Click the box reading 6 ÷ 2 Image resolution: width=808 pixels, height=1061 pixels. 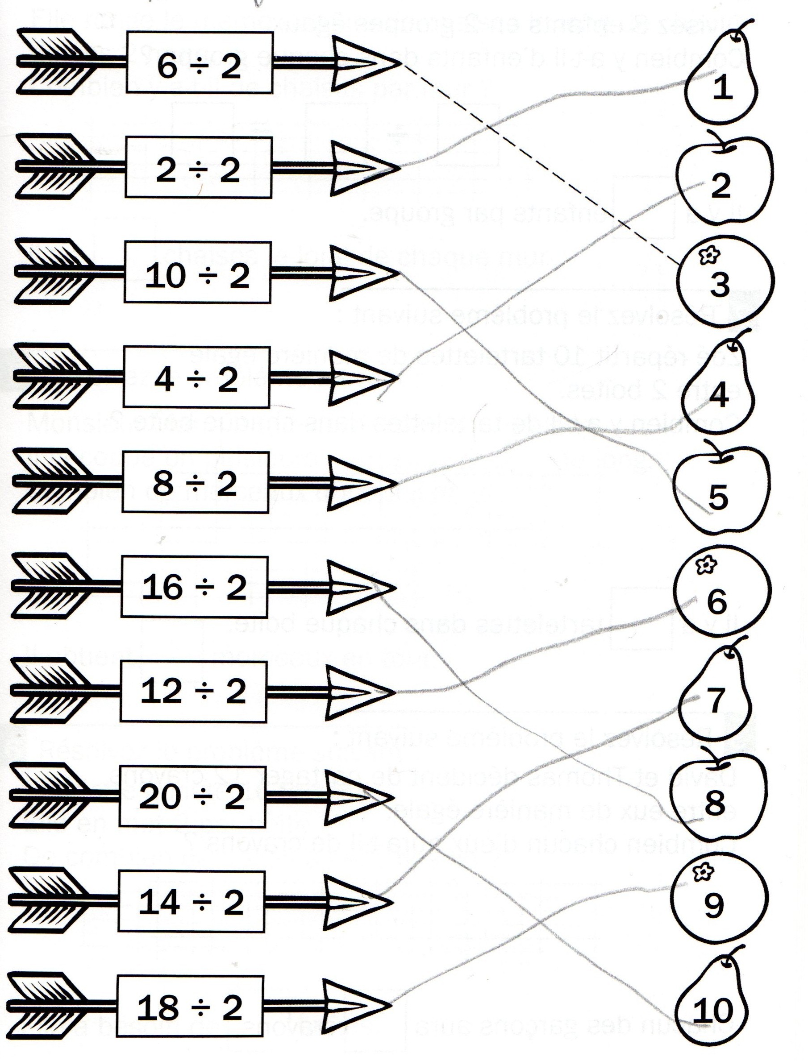click(x=200, y=62)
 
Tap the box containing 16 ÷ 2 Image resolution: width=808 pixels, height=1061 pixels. click(x=194, y=587)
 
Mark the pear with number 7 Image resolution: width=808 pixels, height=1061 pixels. click(x=716, y=695)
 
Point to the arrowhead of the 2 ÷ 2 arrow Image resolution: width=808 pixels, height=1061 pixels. click(x=366, y=167)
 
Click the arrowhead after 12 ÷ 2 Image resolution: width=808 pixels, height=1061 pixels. click(x=361, y=692)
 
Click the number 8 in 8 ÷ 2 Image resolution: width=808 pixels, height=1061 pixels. click(x=162, y=483)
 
